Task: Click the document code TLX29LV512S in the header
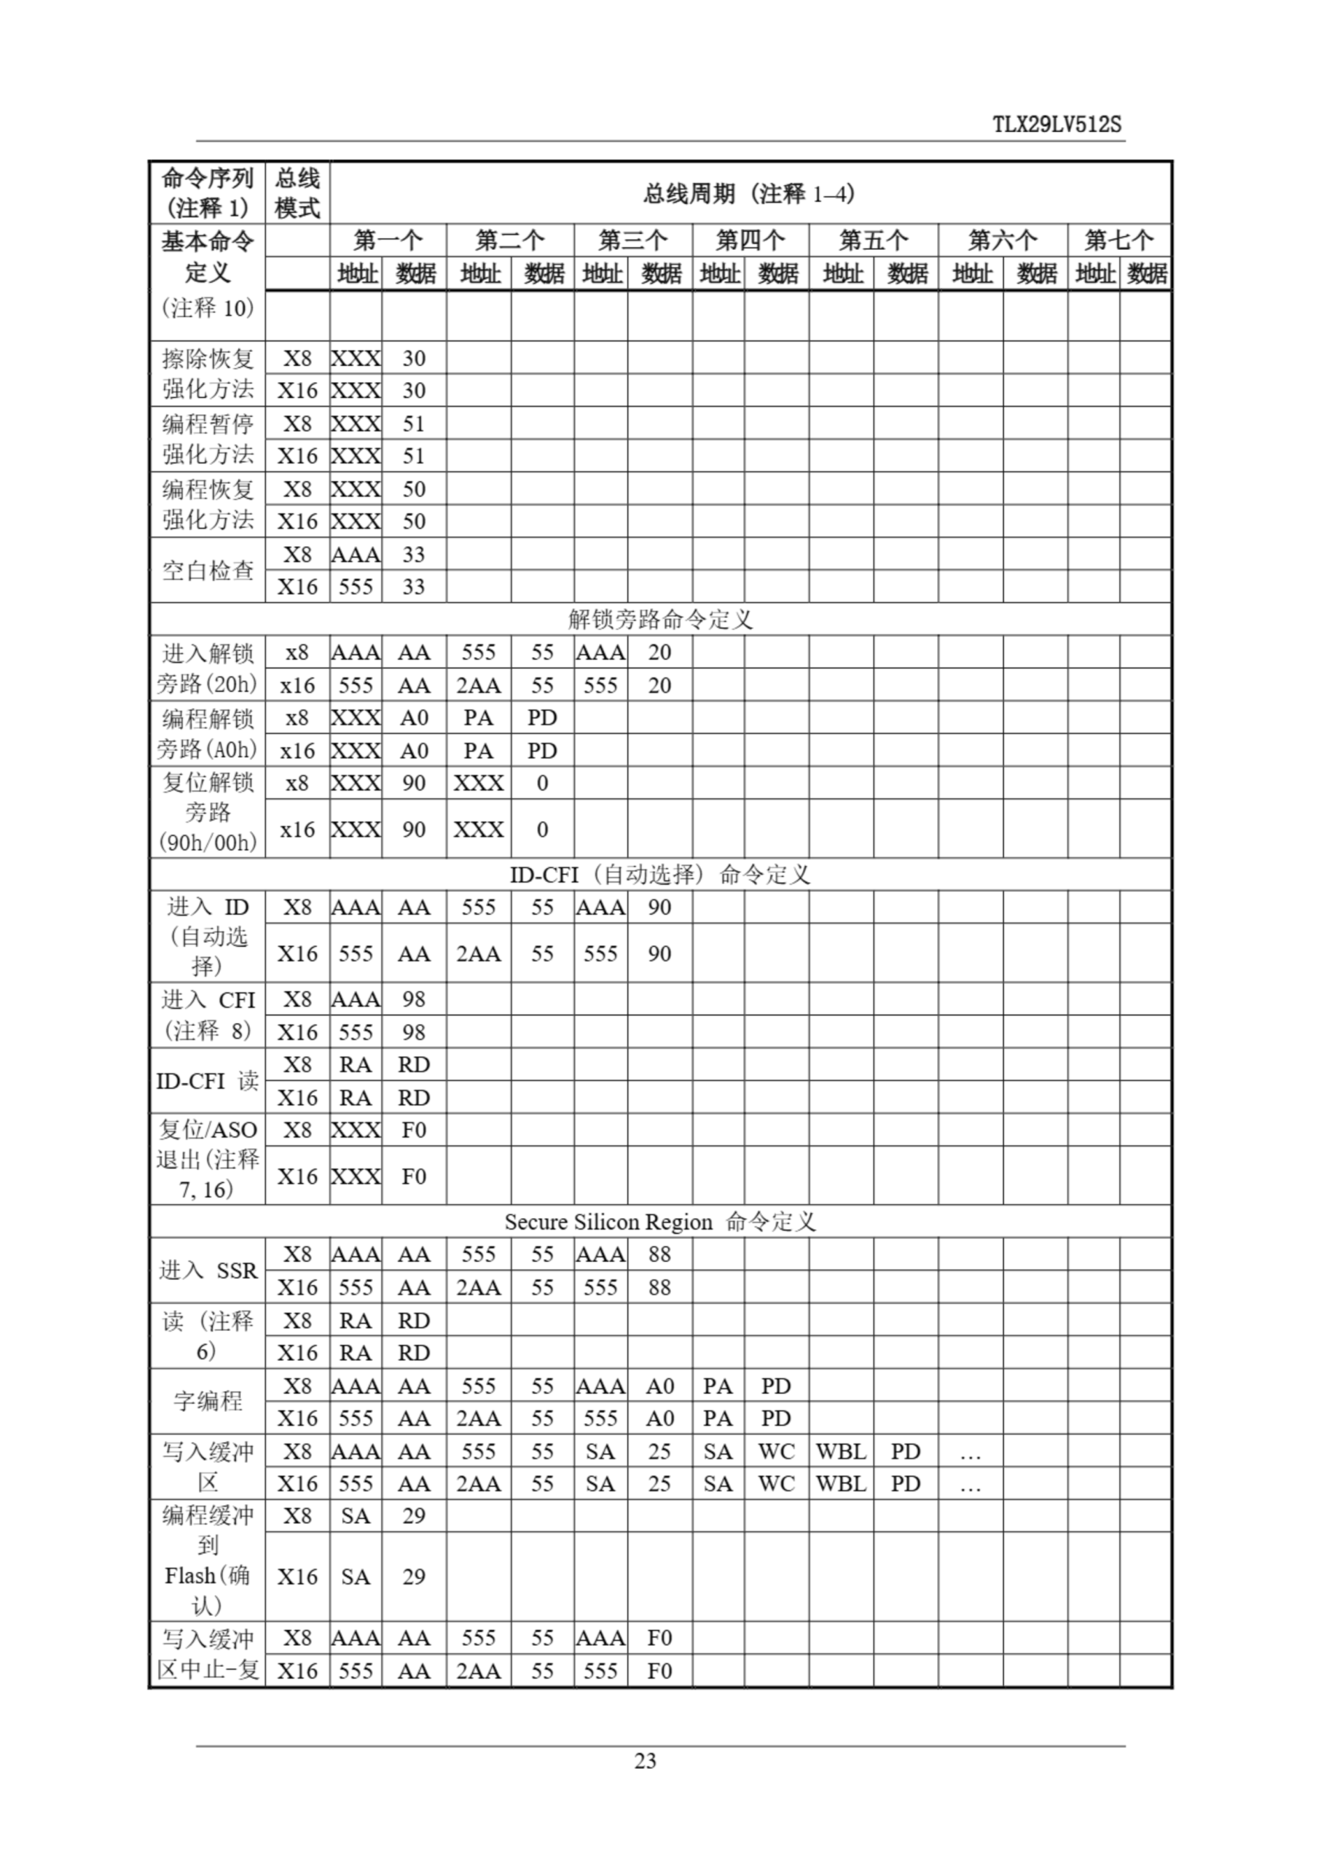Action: pyautogui.click(x=1057, y=125)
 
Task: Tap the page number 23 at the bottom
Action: pyautogui.click(x=645, y=1761)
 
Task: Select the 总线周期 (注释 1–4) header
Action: pyautogui.click(x=749, y=194)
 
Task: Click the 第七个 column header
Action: pyautogui.click(x=1118, y=240)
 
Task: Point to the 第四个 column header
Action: pyautogui.click(x=750, y=240)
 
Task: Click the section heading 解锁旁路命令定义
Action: pyautogui.click(x=659, y=620)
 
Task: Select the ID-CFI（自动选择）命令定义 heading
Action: pyautogui.click(x=659, y=874)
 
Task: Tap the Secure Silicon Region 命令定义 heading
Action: pyautogui.click(x=659, y=1222)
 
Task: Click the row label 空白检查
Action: pyautogui.click(x=208, y=571)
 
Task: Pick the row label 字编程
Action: pyautogui.click(x=208, y=1402)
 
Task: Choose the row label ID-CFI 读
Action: pyautogui.click(x=208, y=1081)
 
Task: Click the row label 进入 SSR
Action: pyautogui.click(x=208, y=1270)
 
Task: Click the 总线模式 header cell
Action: pyautogui.click(x=297, y=194)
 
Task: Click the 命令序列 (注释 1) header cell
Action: pyautogui.click(x=208, y=194)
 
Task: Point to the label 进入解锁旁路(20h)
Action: pyautogui.click(x=208, y=668)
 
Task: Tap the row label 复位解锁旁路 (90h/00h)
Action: pyautogui.click(x=208, y=812)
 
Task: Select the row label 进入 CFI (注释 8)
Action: pyautogui.click(x=208, y=1015)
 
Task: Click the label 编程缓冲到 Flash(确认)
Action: pyautogui.click(x=208, y=1560)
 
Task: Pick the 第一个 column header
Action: pyautogui.click(x=388, y=240)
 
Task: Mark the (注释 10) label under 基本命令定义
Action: pyautogui.click(x=208, y=308)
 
